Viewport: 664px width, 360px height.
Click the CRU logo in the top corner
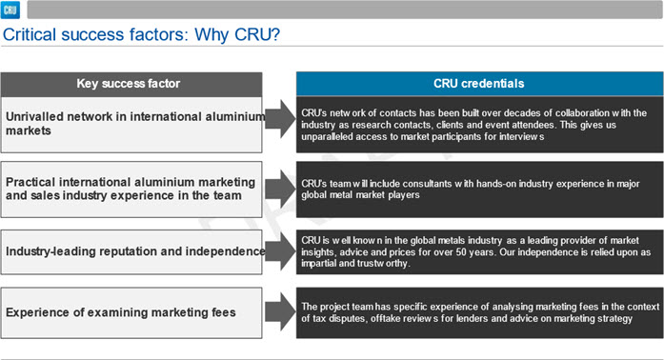coord(10,10)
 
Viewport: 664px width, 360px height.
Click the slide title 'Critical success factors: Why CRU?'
coord(141,34)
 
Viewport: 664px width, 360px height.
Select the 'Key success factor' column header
coord(129,84)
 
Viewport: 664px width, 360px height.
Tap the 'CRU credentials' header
coord(478,84)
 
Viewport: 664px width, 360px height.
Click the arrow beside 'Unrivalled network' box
coord(280,119)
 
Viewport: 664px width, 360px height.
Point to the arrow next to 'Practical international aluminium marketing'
coord(280,189)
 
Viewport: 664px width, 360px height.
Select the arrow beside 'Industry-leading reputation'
coord(280,251)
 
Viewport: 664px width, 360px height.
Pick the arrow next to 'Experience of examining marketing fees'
coord(280,312)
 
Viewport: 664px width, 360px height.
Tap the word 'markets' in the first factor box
coord(29,130)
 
